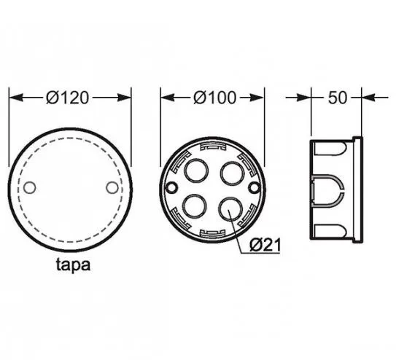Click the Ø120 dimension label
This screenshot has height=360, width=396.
point(67,98)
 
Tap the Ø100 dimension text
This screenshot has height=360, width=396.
point(214,98)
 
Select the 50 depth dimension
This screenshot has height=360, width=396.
point(338,98)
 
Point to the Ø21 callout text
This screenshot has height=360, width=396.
point(265,245)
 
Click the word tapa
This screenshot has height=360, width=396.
point(73,265)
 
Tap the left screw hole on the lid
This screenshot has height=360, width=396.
point(30,187)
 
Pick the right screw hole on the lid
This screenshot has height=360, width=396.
point(112,187)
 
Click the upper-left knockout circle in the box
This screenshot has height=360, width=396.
point(196,171)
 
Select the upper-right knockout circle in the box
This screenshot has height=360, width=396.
point(233,173)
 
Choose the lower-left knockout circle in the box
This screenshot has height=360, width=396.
point(194,206)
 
